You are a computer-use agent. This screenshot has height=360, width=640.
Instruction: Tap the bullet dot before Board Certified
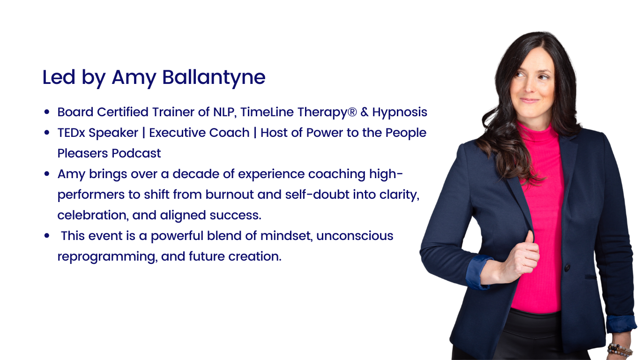point(47,112)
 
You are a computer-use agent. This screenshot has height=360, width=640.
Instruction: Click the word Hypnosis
point(400,112)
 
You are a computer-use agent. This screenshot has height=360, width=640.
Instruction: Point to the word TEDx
point(71,133)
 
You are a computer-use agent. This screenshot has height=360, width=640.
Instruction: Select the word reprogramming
point(106,257)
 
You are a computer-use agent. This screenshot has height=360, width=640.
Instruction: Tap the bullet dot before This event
point(47,236)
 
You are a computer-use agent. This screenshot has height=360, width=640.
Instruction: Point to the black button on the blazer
point(567,268)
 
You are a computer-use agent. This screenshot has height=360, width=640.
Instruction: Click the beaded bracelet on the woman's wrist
point(619,350)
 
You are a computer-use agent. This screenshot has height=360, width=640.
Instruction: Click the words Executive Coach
point(199,133)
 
